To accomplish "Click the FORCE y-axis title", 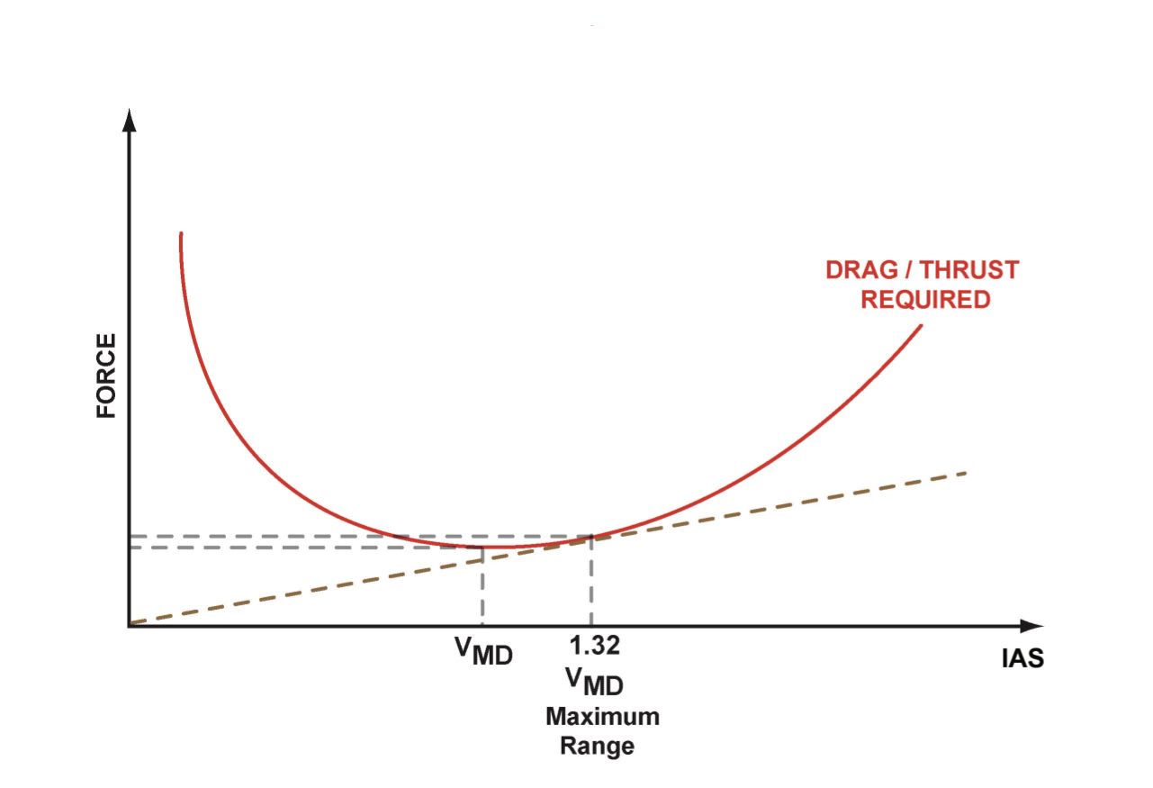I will pyautogui.click(x=106, y=376).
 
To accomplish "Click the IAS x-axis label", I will pyautogui.click(x=1022, y=658).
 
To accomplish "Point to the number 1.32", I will pyautogui.click(x=595, y=646).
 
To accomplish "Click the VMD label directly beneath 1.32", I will pyautogui.click(x=595, y=682).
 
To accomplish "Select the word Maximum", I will pyautogui.click(x=602, y=718).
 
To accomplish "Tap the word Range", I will pyautogui.click(x=596, y=747).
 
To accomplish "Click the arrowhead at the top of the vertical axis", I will pyautogui.click(x=130, y=120).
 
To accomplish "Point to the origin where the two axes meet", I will pyautogui.click(x=130, y=624).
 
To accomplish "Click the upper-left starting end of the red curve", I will pyautogui.click(x=181, y=235).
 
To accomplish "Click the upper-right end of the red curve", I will pyautogui.click(x=922, y=325).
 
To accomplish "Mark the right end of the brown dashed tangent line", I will pyautogui.click(x=965, y=473).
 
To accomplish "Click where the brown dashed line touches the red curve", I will pyautogui.click(x=591, y=537).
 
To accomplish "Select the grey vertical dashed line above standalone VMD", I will pyautogui.click(x=483, y=585).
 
